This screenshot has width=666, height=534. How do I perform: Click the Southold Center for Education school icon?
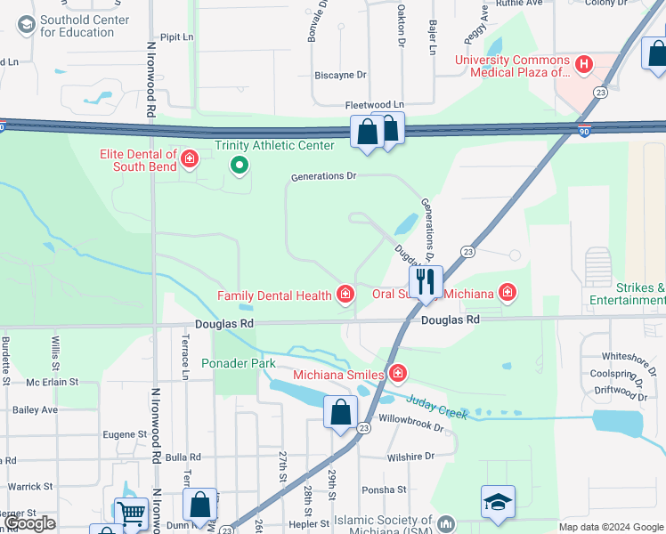pyautogui.click(x=25, y=25)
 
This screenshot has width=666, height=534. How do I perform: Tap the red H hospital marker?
pyautogui.click(x=583, y=64)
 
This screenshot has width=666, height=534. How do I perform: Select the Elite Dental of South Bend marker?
pyautogui.click(x=189, y=160)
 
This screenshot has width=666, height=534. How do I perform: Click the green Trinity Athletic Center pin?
pyautogui.click(x=238, y=165)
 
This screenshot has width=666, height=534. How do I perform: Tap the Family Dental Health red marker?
pyautogui.click(x=345, y=295)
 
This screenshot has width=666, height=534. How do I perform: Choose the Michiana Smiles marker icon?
pyautogui.click(x=397, y=372)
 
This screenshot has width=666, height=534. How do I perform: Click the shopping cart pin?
pyautogui.click(x=131, y=512)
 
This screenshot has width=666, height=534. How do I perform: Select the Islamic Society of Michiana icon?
pyautogui.click(x=446, y=524)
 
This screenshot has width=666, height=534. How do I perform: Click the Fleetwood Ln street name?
pyautogui.click(x=374, y=104)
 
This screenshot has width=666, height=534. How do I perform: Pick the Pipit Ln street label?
pyautogui.click(x=175, y=37)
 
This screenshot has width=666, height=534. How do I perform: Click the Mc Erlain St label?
pyautogui.click(x=53, y=382)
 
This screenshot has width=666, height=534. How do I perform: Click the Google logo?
pyautogui.click(x=30, y=523)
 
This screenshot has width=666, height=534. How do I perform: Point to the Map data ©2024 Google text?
pyautogui.click(x=610, y=527)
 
